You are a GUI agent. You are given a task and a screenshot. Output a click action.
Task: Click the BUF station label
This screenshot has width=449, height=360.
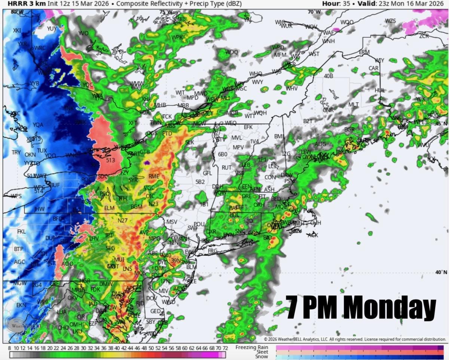pyautogui.click(x=55, y=185)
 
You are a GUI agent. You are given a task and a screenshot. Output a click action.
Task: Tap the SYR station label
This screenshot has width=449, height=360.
pyautogui.click(x=133, y=180)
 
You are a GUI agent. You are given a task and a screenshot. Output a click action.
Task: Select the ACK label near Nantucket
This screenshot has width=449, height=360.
pyautogui.click(x=312, y=235)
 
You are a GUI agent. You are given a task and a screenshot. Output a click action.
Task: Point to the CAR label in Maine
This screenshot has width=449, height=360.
pyautogui.click(x=373, y=68)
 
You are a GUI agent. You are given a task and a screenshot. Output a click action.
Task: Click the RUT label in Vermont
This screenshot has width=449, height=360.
pyautogui.click(x=226, y=168)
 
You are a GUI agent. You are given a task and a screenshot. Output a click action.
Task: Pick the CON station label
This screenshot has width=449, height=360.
pyautogui.click(x=270, y=177)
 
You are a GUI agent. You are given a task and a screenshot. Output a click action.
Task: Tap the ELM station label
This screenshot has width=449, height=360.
pyautogui.click(x=109, y=208)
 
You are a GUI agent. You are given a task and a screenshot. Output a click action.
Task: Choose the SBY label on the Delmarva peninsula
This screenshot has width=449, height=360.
pyautogui.click(x=151, y=321)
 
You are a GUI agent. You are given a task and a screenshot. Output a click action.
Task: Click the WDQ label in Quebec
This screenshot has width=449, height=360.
pyautogui.click(x=232, y=52)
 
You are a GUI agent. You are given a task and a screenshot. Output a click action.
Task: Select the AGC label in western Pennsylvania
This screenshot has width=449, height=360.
pyautogui.click(x=19, y=262)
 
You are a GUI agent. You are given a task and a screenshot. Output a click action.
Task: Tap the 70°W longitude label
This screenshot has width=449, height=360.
pyautogui.click(x=314, y=12)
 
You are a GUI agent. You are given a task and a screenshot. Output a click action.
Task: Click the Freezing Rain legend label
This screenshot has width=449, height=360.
pyautogui.click(x=252, y=347)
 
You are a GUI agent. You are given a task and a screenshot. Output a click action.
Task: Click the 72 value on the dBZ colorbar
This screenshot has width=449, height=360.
pyautogui.click(x=225, y=348)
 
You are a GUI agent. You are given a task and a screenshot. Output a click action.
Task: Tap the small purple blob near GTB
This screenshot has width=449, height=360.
pyautogui.click(x=146, y=163)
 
